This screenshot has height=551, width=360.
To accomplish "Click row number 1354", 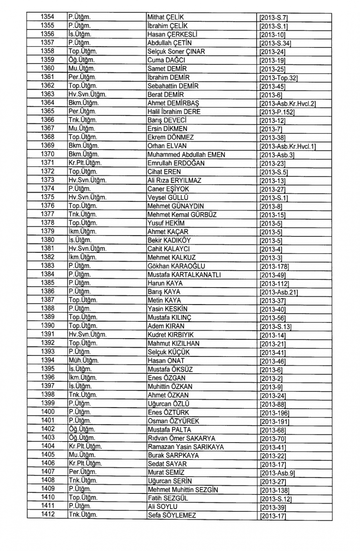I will pyautogui.click(x=47, y=17).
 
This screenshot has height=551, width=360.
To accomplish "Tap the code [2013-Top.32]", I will pyautogui.click(x=278, y=78).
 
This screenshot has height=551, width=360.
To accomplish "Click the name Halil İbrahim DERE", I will pyautogui.click(x=174, y=112).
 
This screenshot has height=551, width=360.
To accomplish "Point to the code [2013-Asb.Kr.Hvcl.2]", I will pyautogui.click(x=287, y=104).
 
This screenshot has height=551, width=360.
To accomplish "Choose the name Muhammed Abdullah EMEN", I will pyautogui.click(x=186, y=155).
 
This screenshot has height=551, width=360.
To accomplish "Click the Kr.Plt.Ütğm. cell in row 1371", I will pyautogui.click(x=85, y=163).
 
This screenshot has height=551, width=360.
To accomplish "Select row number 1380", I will pyautogui.click(x=47, y=240).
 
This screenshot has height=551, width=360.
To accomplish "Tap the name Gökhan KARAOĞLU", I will pyautogui.click(x=176, y=266).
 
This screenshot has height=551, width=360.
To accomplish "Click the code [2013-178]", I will pyautogui.click(x=274, y=267).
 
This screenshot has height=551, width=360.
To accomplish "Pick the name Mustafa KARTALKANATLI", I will pyautogui.click(x=184, y=275).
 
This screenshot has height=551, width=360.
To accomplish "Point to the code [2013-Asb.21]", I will pyautogui.click(x=278, y=292).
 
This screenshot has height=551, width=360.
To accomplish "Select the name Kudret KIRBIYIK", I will pyautogui.click(x=171, y=335).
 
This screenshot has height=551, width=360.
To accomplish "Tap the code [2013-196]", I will pyautogui.click(x=274, y=413).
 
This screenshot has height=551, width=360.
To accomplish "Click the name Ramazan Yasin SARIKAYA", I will pyautogui.click(x=185, y=447).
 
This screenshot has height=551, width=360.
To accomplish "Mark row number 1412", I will pyautogui.click(x=47, y=514).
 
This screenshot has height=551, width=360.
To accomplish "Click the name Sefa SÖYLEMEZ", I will pyautogui.click(x=172, y=515).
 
